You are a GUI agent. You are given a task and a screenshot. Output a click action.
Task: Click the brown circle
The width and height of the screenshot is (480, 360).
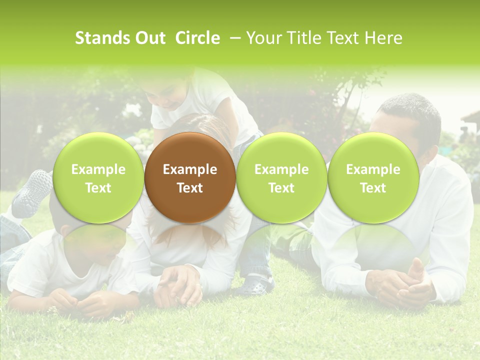coord(190,178)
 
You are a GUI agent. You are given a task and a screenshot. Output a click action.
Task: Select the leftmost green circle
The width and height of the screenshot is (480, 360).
coord(98,178)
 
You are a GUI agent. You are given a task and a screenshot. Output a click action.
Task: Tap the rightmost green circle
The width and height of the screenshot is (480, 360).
coord(373,178)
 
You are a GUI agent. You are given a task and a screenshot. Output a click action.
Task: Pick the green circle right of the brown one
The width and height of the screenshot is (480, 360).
coord(281,178)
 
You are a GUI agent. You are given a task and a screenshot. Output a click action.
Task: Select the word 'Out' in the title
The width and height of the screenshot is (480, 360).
coord(150,38)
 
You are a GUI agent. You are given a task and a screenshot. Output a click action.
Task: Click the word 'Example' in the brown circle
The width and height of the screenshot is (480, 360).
coord(190,169)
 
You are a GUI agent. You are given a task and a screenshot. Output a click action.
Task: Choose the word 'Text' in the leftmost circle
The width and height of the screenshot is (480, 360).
coord(98,188)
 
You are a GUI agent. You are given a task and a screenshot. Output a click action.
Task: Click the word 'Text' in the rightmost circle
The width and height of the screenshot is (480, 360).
coord(373,188)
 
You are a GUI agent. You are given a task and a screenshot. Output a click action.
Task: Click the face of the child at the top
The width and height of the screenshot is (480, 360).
coord(167,95)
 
